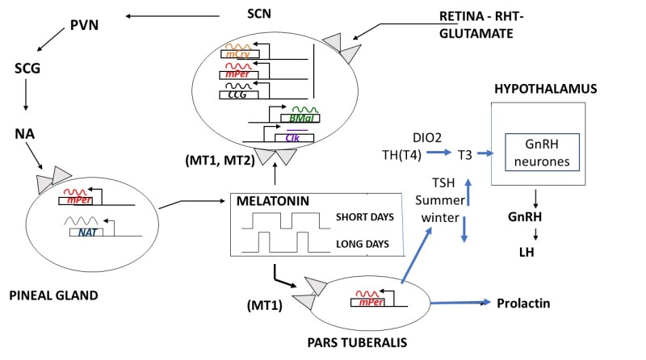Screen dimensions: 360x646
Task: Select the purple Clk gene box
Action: [x=294, y=137]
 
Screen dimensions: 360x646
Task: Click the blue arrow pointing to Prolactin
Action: [x=460, y=303]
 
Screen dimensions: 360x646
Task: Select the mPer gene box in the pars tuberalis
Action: [x=366, y=303]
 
